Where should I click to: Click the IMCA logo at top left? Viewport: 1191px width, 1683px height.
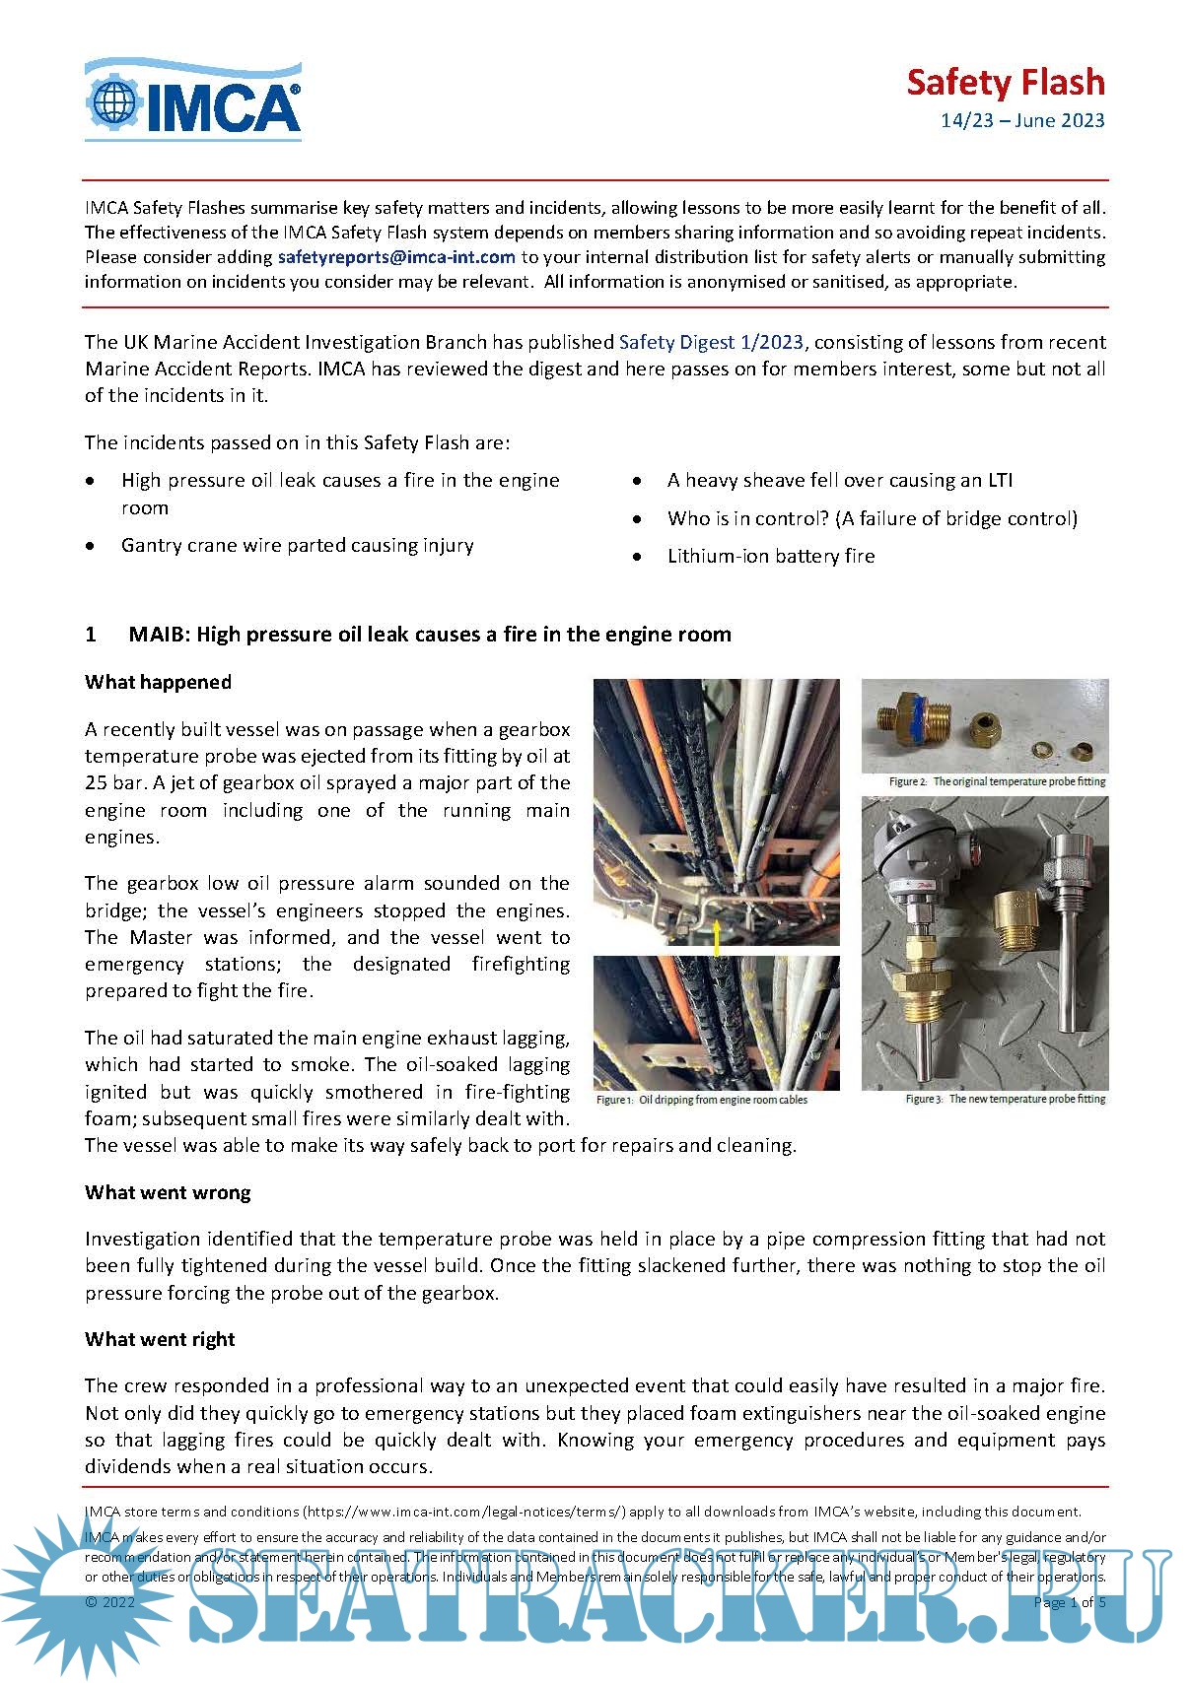(x=193, y=100)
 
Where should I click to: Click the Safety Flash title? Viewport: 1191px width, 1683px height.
(x=1005, y=83)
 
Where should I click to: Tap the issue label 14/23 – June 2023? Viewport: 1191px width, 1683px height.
(x=1021, y=121)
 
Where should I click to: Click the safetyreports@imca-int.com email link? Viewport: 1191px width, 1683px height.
(x=396, y=257)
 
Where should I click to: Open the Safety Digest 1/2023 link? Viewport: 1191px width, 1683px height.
(x=711, y=342)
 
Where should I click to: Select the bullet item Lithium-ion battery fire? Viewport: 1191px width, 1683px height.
(x=770, y=556)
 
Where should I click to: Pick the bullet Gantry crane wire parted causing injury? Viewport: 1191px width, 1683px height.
(x=297, y=545)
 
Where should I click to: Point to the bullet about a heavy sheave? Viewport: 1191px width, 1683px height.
(x=839, y=480)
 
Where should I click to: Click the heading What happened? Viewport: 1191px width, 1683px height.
(x=158, y=682)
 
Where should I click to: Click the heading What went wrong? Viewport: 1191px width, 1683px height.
(x=168, y=1192)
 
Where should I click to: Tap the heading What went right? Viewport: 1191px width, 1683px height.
(x=160, y=1339)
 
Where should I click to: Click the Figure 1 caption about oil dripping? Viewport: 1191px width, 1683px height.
(x=702, y=1100)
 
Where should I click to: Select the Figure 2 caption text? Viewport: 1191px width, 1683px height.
(x=997, y=781)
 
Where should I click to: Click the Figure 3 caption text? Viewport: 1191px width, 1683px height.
(x=1005, y=1099)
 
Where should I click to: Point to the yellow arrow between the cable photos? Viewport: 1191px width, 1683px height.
(x=717, y=936)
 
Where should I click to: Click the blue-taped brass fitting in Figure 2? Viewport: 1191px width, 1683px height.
(x=904, y=720)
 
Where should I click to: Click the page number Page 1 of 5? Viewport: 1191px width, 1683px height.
(x=1069, y=1602)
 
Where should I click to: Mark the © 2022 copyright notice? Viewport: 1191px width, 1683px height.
(x=109, y=1602)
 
